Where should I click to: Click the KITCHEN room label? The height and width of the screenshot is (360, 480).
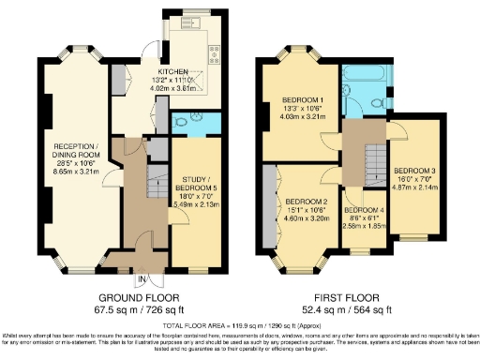pyautogui.click(x=176, y=70)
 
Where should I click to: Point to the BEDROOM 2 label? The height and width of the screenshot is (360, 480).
pyautogui.click(x=306, y=202)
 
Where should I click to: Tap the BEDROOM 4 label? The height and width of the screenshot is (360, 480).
pyautogui.click(x=363, y=210)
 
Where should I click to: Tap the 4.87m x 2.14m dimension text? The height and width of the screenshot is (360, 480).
pyautogui.click(x=413, y=187)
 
